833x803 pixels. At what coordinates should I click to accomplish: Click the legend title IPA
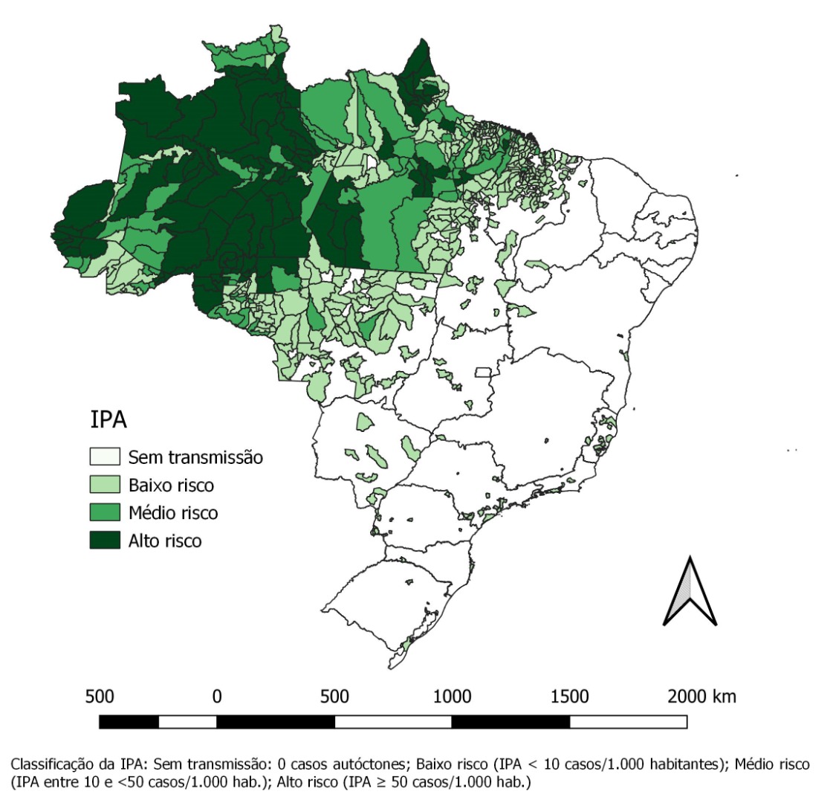pyautogui.click(x=108, y=419)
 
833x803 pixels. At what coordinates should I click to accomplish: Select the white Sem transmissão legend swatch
pyautogui.click(x=105, y=457)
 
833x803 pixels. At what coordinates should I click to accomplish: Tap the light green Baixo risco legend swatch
pyautogui.click(x=105, y=485)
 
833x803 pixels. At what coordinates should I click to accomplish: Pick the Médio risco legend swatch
pyautogui.click(x=105, y=512)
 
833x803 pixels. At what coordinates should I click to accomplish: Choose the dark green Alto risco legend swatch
pyautogui.click(x=105, y=540)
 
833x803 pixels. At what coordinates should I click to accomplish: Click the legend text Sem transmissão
pyautogui.click(x=195, y=457)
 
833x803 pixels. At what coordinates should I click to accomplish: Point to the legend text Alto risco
pyautogui.click(x=164, y=541)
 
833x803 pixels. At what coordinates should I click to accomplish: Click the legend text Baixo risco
pyautogui.click(x=171, y=486)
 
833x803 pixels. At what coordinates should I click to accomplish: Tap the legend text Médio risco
pyautogui.click(x=173, y=513)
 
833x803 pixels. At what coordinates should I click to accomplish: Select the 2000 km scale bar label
pyautogui.click(x=701, y=697)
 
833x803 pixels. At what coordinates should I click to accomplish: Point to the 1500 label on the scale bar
pyautogui.click(x=569, y=697)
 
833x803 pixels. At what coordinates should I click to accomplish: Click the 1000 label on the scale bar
pyautogui.click(x=452, y=697)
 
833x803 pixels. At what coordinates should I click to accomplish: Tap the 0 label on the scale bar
pyautogui.click(x=217, y=697)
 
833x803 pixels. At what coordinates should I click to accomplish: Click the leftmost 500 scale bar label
pyautogui.click(x=100, y=697)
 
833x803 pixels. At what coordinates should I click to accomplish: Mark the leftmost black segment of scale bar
pyautogui.click(x=129, y=721)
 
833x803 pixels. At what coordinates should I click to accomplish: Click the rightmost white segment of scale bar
pyautogui.click(x=628, y=721)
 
